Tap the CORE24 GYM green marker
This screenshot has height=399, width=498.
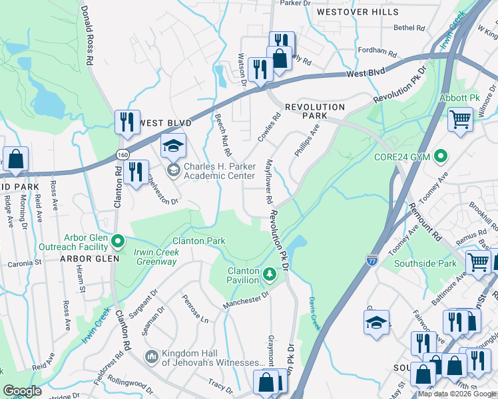[x=439, y=157]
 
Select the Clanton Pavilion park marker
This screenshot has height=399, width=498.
[x=269, y=273]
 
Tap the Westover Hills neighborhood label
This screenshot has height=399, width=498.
[x=358, y=12]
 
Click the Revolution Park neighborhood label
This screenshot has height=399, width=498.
[x=315, y=111]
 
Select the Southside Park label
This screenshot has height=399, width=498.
[x=425, y=263]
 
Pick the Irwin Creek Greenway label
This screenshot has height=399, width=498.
[x=155, y=257]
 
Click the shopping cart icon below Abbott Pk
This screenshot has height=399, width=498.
[x=460, y=120]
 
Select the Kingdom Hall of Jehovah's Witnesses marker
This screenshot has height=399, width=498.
[x=152, y=357]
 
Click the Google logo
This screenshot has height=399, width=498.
[x=23, y=391]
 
